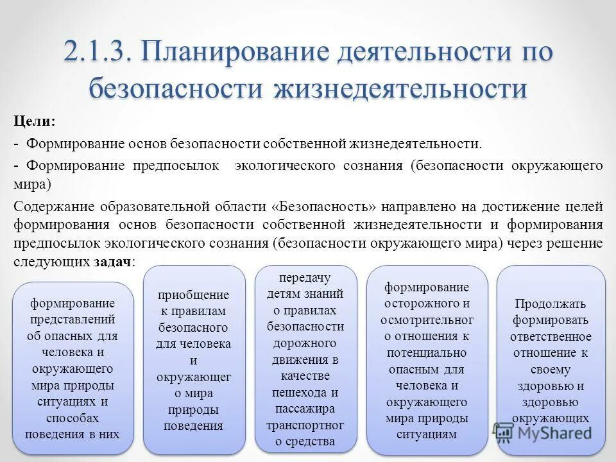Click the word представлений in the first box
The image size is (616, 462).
[73, 320]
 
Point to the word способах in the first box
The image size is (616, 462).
[73, 417]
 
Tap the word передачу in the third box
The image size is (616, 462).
[305, 277]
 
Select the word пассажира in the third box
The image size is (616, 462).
[305, 409]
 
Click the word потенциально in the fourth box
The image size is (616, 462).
[427, 353]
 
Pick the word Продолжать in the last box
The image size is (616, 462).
[551, 304]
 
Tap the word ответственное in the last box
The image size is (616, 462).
[551, 336]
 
